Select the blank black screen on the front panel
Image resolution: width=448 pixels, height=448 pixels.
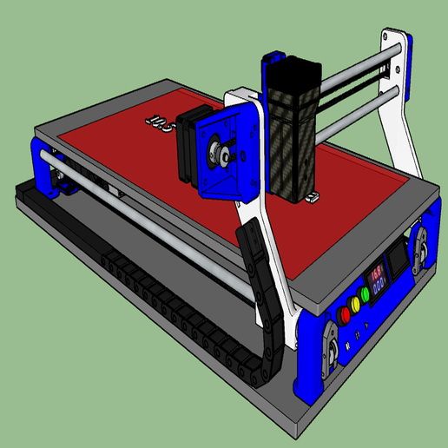point(399,258)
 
